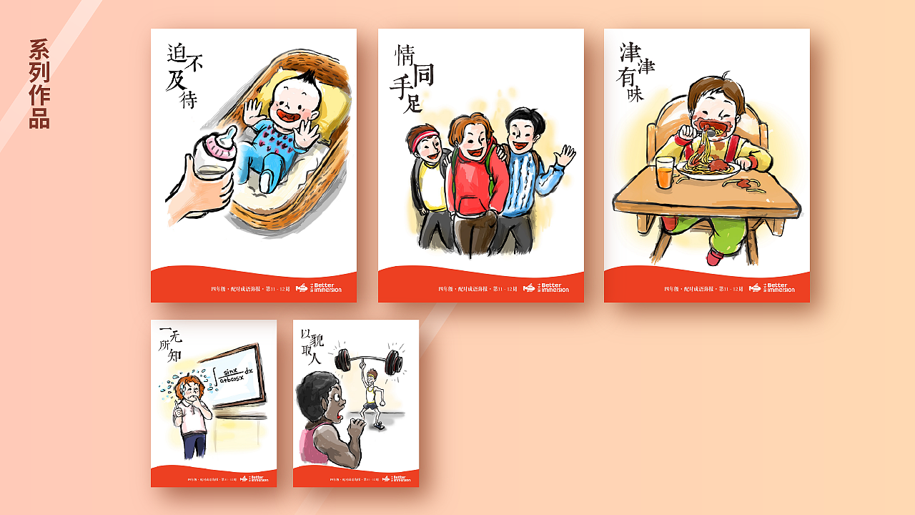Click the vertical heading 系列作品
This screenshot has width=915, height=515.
tap(39, 84)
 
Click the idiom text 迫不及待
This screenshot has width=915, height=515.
tap(183, 74)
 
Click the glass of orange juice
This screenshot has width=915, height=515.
tap(665, 172)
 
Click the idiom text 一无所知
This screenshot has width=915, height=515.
tap(171, 344)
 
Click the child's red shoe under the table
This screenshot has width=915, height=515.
tap(714, 257)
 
